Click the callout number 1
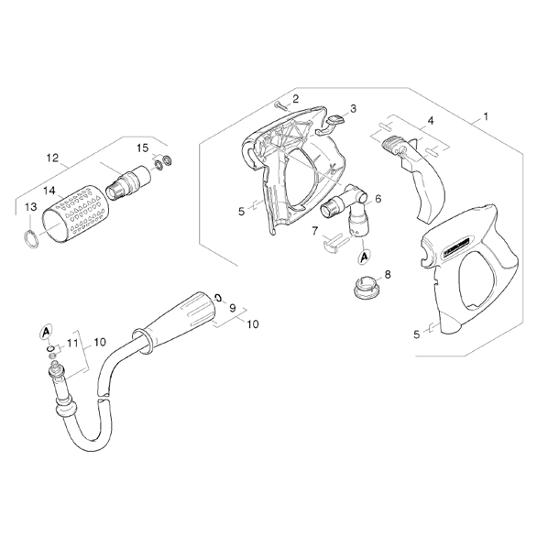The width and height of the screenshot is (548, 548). [x=485, y=116]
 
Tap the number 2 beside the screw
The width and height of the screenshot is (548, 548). [x=296, y=99]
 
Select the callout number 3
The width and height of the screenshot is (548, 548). [x=354, y=109]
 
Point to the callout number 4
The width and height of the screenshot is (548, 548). [x=431, y=121]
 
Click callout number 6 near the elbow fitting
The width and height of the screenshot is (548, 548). [x=378, y=199]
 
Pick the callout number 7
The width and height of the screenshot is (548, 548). [x=315, y=231]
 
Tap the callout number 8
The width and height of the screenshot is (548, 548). [x=388, y=274]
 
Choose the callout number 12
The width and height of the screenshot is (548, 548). [x=53, y=158]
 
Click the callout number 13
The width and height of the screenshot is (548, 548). [x=31, y=207]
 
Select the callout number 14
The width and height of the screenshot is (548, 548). [x=49, y=191]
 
